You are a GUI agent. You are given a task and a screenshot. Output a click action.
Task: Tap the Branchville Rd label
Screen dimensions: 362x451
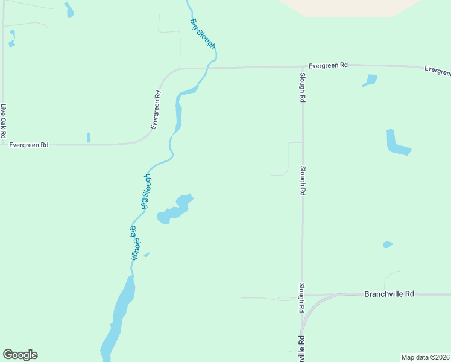(389, 294)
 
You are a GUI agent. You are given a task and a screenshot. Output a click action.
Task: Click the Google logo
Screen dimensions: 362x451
(20, 355)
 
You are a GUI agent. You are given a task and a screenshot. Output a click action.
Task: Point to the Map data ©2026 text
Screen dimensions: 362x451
(425, 357)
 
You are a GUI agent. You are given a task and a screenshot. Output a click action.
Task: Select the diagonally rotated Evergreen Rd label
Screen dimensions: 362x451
(156, 110)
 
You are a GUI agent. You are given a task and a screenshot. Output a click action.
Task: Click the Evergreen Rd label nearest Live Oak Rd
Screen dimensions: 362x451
(28, 145)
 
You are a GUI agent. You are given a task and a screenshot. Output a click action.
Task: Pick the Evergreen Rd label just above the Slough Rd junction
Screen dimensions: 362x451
(328, 65)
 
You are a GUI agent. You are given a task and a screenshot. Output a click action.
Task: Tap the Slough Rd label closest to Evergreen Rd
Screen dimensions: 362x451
(303, 87)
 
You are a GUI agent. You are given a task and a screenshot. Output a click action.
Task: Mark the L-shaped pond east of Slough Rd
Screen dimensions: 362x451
(396, 144)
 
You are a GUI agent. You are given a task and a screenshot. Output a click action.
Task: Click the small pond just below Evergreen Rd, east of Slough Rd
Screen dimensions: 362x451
(370, 80)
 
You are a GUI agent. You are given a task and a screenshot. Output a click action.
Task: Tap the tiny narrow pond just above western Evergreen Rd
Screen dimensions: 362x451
(89, 138)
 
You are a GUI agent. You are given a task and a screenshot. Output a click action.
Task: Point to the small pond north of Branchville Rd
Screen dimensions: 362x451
(387, 244)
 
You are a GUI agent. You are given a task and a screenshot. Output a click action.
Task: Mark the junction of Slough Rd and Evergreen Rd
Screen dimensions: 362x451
(303, 67)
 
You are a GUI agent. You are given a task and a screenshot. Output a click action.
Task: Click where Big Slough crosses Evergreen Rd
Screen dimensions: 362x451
(208, 68)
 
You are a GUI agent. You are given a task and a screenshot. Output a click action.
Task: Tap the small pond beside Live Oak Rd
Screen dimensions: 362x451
(11, 44)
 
